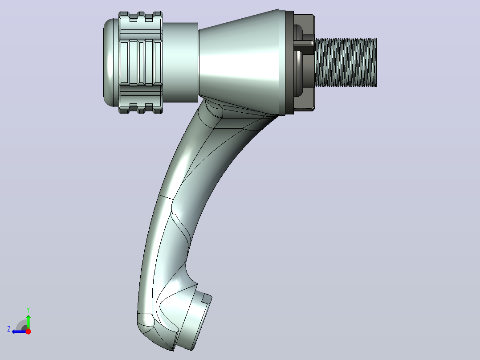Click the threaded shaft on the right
pyautogui.click(x=346, y=62)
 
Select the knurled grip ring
pyautogui.click(x=141, y=62)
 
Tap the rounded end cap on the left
pyautogui.click(x=110, y=62)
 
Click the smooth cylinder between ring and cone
pyautogui.click(x=180, y=62)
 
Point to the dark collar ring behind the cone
pyautogui.click(x=289, y=62)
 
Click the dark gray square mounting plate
pyautogui.click(x=304, y=62)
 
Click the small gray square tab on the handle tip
pyautogui.click(x=207, y=299)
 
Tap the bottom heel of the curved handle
pyautogui.click(x=153, y=332)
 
